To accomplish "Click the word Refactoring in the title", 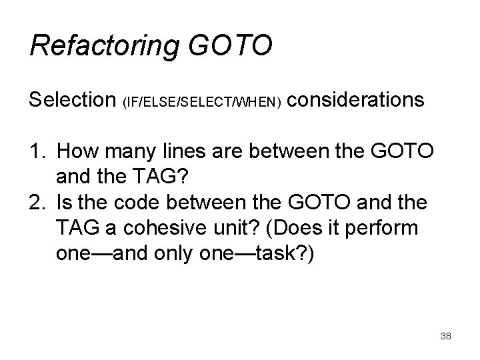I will point(103,47).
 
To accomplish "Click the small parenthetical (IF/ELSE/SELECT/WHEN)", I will point(203,103).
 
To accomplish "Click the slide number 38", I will point(446,337).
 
